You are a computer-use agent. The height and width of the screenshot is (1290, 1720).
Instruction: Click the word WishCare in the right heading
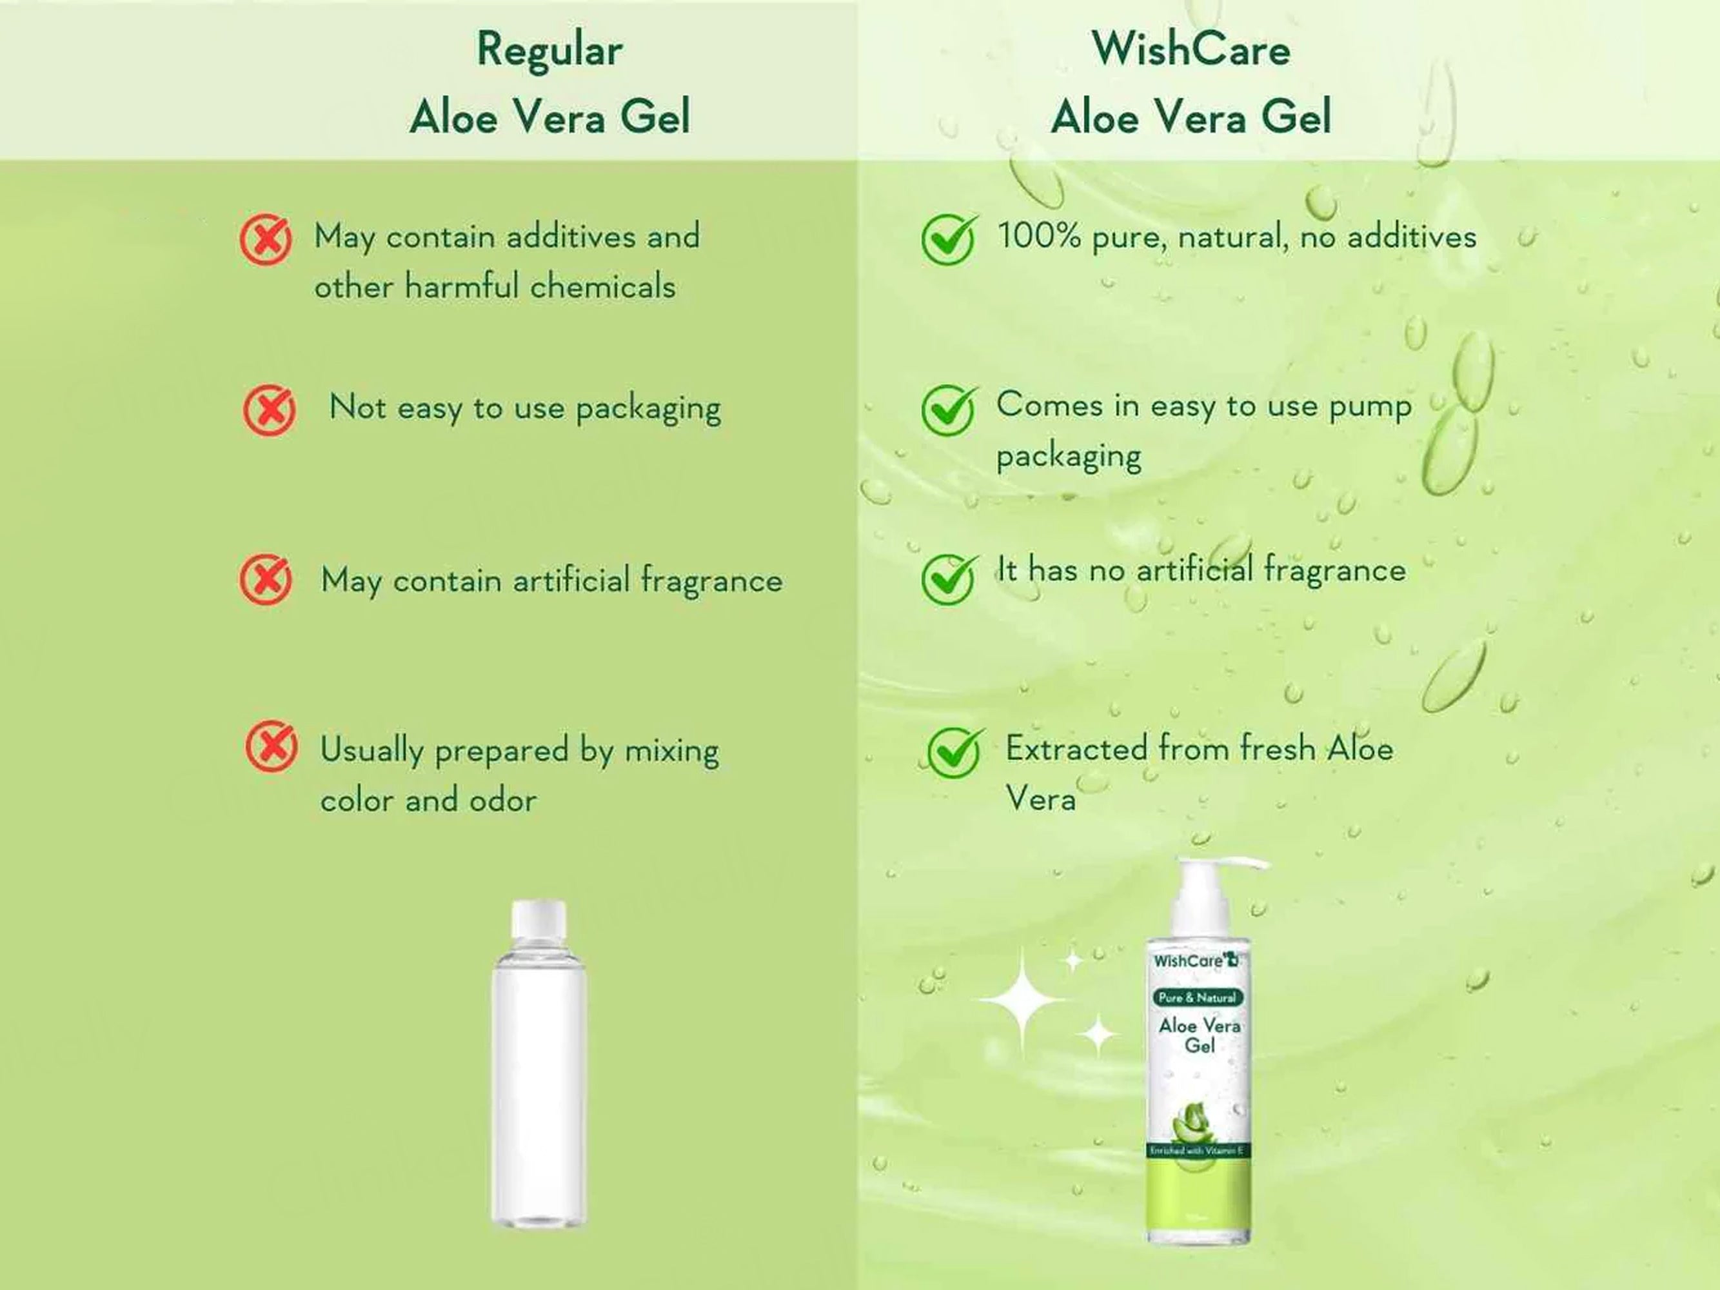coord(1191,49)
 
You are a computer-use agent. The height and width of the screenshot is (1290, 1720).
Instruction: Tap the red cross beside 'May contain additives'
coord(266,239)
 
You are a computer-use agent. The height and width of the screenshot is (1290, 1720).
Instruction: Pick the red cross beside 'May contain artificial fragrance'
coord(266,579)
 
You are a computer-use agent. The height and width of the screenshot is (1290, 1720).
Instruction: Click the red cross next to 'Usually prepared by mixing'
coord(272,746)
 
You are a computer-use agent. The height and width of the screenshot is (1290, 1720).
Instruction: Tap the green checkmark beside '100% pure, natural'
coord(949,239)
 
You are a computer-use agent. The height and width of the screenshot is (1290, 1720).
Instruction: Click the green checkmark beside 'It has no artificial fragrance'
coord(949,579)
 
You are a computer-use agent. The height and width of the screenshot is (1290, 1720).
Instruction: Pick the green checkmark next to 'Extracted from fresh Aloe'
coord(956,752)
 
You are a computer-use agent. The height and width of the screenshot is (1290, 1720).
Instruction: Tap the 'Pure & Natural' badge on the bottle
coord(1198,998)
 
